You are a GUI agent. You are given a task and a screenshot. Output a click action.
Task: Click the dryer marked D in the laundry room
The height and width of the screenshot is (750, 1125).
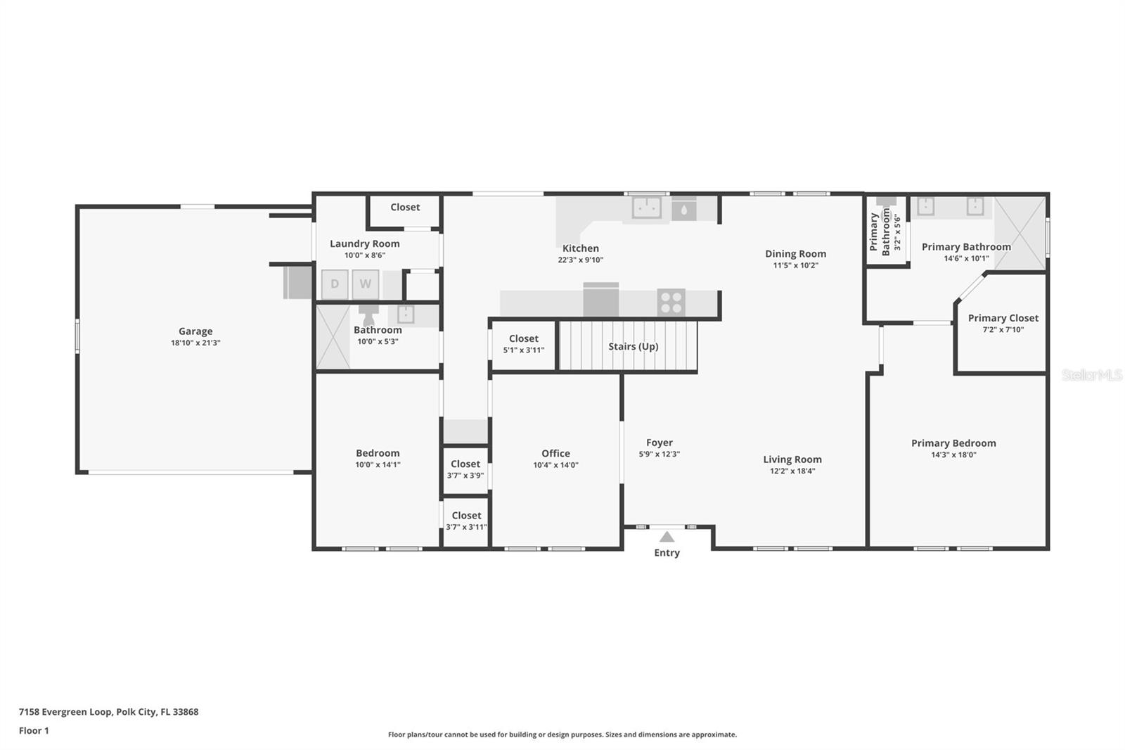[x=335, y=284]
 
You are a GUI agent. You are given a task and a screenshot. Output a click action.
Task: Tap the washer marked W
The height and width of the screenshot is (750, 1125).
[x=365, y=284]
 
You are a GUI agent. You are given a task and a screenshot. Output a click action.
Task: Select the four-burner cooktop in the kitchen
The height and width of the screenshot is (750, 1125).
[x=671, y=303]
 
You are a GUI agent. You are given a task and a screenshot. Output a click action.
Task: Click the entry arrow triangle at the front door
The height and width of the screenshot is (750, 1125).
[x=667, y=537]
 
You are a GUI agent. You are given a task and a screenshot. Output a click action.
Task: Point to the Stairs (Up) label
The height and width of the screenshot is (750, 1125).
[x=634, y=346]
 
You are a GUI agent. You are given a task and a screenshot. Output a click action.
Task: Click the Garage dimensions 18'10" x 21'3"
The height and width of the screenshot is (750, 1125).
[x=195, y=343]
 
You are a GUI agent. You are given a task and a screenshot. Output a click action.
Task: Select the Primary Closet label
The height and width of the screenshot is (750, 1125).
[x=1003, y=318]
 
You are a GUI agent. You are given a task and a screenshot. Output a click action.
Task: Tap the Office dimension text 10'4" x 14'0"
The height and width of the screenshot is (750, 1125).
[x=555, y=466]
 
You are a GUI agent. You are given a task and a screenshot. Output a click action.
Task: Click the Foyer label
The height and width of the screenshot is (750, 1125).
[x=659, y=443]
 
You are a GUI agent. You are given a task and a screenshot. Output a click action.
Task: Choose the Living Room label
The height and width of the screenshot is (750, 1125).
[x=792, y=459]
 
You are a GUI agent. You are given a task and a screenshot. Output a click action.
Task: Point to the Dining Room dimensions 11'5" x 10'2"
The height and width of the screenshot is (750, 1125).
[x=795, y=265]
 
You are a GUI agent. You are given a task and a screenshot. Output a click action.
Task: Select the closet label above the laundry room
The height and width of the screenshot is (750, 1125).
[x=405, y=207]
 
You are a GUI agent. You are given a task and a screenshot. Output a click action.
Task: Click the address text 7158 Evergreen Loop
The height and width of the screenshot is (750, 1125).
[x=65, y=712]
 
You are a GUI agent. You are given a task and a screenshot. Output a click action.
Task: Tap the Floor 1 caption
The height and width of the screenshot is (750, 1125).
[x=34, y=730]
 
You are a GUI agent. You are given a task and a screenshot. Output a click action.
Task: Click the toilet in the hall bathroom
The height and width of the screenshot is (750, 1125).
[x=368, y=314]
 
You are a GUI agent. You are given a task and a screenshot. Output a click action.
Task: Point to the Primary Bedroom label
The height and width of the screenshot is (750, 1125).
[x=953, y=443]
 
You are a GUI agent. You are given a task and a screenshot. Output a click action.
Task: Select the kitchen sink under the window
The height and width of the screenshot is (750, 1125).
[x=646, y=208]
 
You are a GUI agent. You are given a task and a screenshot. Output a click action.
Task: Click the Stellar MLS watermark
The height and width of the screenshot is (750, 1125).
[x=1092, y=375]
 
